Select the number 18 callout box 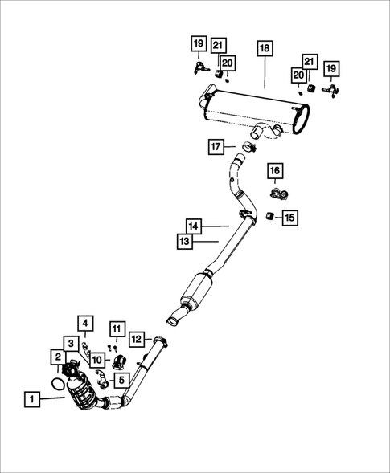[x=265, y=49]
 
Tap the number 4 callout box [x=86, y=324]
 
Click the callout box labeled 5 [x=117, y=328]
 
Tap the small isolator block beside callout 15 [x=270, y=215]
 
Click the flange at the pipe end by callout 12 [x=159, y=344]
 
